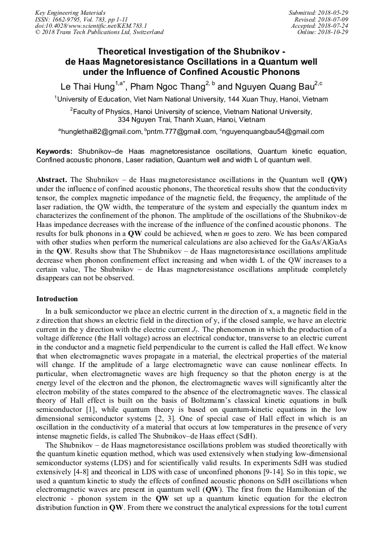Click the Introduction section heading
(x=57, y=299)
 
